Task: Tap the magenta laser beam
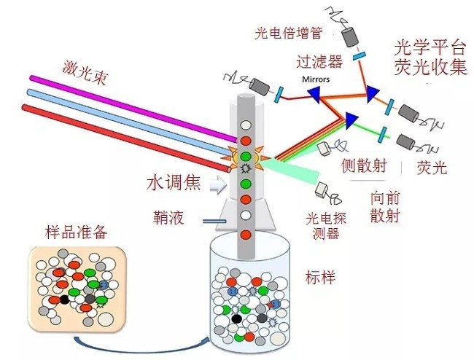[131, 102]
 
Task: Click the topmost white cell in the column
[246, 125]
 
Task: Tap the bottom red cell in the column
[246, 234]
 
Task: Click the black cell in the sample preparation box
[64, 300]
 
